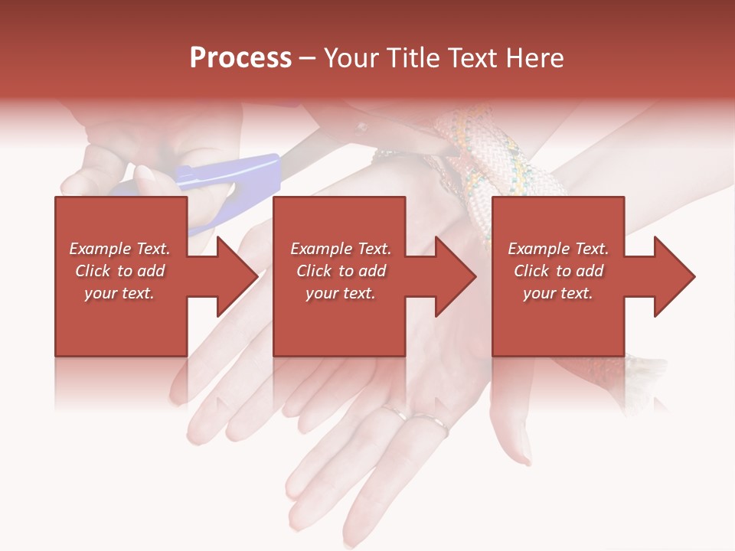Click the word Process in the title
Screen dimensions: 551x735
(x=240, y=58)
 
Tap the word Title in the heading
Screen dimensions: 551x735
(x=412, y=58)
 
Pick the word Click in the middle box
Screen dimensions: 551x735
(x=314, y=271)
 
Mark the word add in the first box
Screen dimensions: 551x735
(x=150, y=271)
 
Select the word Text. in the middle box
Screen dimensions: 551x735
(x=372, y=249)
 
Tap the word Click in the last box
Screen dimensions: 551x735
(x=531, y=271)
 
